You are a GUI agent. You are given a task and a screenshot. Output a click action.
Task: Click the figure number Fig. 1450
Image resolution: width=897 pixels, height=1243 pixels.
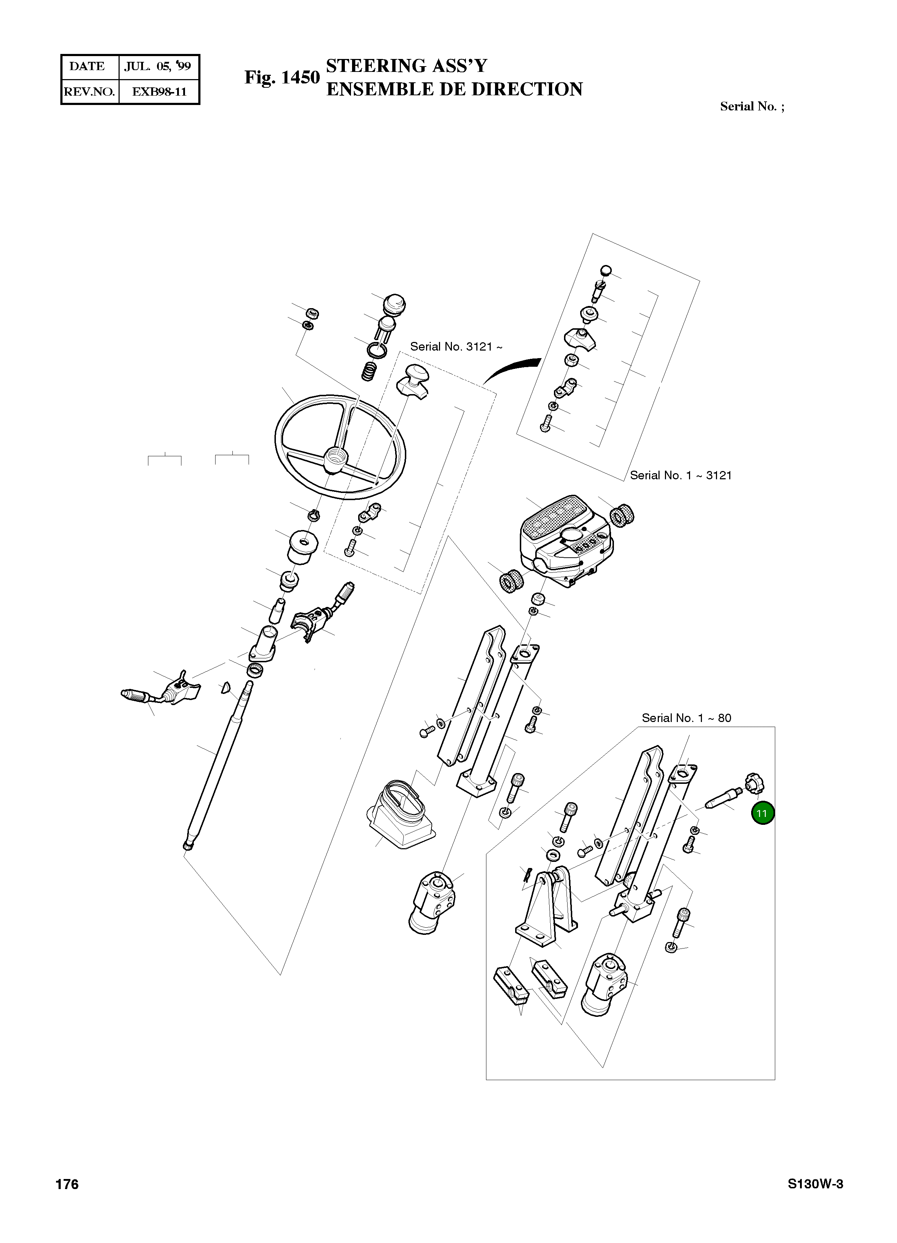[x=282, y=77]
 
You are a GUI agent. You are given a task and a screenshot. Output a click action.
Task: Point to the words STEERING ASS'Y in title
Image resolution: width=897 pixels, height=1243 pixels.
[x=406, y=66]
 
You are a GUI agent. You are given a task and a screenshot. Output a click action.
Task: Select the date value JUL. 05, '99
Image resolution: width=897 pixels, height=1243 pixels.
[x=158, y=66]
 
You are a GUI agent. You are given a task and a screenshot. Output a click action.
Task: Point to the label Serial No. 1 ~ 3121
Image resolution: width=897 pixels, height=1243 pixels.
[x=681, y=475]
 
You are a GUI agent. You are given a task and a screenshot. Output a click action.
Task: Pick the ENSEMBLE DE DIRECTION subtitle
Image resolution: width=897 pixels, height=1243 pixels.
[x=454, y=89]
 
